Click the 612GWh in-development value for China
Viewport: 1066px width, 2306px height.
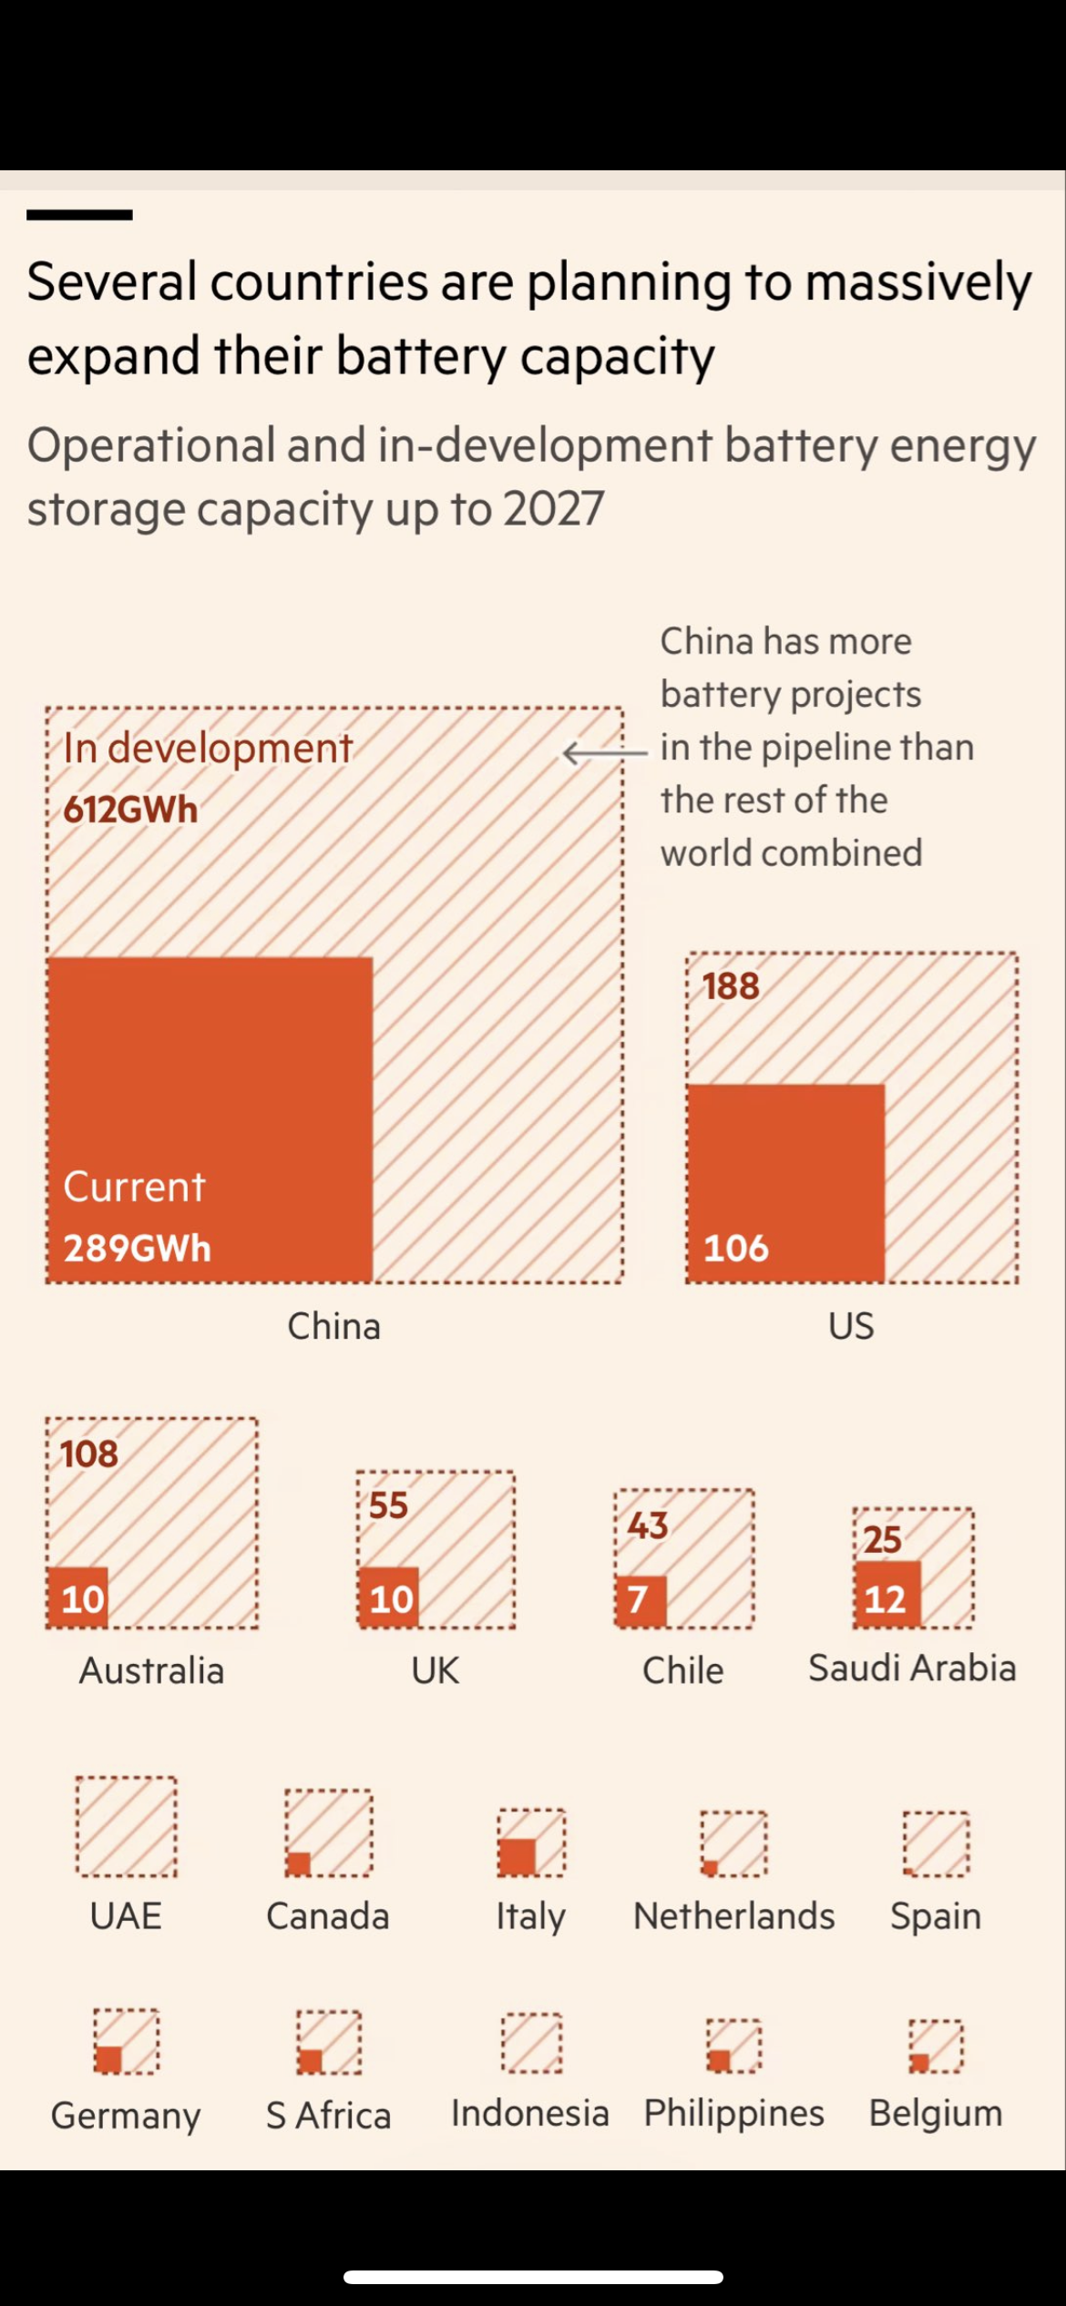[130, 810]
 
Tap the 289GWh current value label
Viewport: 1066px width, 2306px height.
[137, 1248]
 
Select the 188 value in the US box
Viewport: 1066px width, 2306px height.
[731, 986]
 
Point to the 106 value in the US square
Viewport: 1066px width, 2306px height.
[736, 1248]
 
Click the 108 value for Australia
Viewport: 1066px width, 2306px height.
[89, 1454]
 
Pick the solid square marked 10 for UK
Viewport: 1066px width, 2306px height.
[389, 1597]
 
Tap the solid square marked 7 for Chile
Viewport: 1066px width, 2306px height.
[640, 1600]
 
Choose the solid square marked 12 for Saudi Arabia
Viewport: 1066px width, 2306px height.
[887, 1595]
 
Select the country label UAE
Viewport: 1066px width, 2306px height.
[126, 1915]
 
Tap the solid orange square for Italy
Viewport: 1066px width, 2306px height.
[518, 1857]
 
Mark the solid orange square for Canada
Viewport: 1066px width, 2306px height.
[299, 1864]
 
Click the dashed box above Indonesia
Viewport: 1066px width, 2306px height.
[531, 2043]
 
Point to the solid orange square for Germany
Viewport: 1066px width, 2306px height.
[108, 2059]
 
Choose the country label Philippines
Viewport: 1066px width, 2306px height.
[733, 2113]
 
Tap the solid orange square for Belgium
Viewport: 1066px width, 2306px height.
[920, 2063]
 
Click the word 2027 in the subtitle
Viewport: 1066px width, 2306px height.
[553, 509]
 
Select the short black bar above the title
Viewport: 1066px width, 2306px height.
[79, 215]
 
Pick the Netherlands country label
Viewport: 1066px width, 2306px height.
[733, 1915]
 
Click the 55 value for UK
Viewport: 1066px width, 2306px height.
[388, 1505]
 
